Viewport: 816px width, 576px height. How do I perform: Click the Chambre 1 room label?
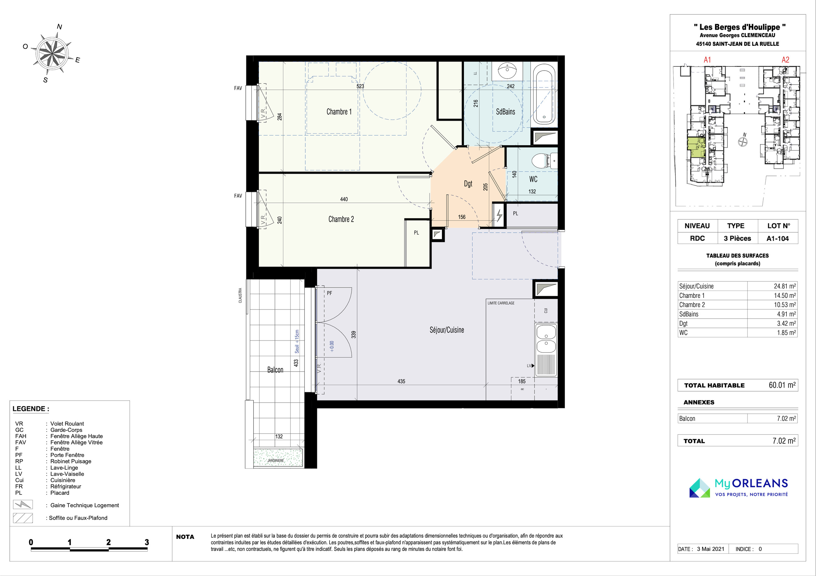tap(339, 112)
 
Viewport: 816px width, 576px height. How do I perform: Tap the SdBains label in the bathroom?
tap(505, 112)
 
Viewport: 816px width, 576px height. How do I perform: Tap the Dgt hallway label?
tap(468, 184)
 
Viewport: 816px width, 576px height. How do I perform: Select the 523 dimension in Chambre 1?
tap(360, 86)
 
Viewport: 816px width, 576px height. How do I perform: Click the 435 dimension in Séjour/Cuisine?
tap(401, 381)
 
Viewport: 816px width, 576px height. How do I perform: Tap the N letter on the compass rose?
tap(60, 27)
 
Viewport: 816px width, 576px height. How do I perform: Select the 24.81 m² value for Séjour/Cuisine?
tap(785, 286)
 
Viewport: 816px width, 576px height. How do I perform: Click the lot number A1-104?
tap(778, 239)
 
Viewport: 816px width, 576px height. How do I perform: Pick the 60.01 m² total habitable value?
tap(782, 385)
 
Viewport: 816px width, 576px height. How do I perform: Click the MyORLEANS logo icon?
tap(700, 488)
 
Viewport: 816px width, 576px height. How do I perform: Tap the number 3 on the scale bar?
tap(147, 542)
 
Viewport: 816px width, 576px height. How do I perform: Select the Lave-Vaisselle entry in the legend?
tap(67, 474)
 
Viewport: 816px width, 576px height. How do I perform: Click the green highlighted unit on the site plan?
tap(696, 147)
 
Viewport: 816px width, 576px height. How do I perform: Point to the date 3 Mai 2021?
tap(711, 549)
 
